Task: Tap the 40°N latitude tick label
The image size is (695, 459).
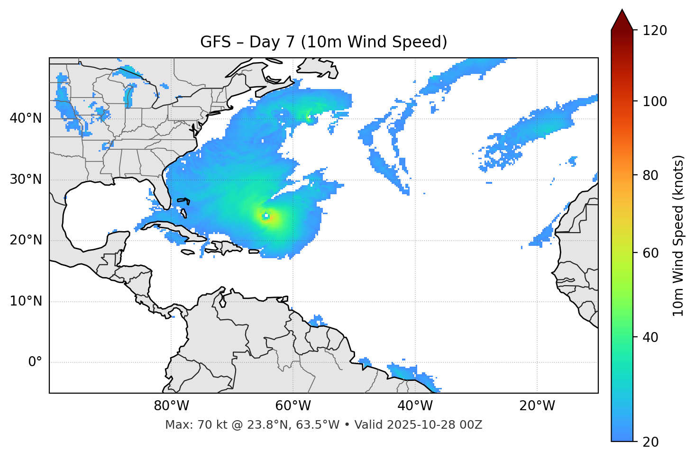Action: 26,118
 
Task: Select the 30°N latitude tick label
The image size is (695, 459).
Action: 26,180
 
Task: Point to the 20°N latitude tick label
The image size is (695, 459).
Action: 26,240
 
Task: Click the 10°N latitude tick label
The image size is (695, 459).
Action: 26,301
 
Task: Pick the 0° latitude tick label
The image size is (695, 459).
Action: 35,362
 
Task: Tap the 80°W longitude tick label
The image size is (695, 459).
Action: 171,406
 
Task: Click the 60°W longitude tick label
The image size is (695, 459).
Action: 293,406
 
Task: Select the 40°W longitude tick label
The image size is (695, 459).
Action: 415,406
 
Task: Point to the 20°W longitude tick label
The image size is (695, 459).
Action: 537,406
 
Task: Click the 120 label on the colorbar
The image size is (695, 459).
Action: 655,31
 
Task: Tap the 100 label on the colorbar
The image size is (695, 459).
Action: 655,101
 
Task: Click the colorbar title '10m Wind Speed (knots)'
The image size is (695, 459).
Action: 678,236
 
